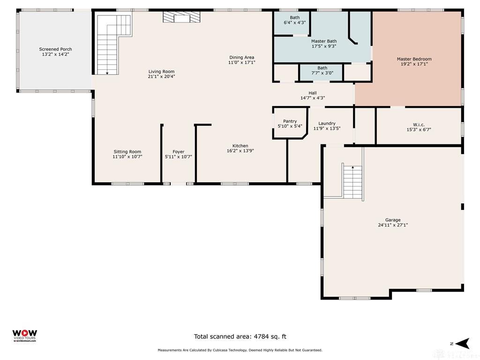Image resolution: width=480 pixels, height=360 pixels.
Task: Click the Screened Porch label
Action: point(55,49)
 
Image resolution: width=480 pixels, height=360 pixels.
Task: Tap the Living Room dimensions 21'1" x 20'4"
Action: point(161,76)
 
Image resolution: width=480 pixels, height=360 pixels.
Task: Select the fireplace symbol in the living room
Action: point(181,17)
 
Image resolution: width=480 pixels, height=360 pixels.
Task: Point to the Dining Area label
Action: point(241,58)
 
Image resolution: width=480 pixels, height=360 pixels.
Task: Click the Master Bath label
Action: point(324,41)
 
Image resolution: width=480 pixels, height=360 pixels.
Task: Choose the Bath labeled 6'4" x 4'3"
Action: point(294,17)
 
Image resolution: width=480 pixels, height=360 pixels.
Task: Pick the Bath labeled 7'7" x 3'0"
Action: point(322,68)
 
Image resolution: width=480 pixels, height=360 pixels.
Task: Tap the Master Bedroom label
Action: point(414,59)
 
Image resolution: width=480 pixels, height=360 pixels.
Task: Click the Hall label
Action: point(313,93)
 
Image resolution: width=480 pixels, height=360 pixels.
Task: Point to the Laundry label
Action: point(327,123)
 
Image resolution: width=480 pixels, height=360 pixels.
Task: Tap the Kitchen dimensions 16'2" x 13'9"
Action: point(240,151)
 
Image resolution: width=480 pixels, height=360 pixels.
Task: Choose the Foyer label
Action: point(178,152)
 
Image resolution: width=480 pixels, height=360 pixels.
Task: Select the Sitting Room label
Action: point(127,152)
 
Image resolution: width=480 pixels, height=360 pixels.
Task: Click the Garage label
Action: point(393,220)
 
